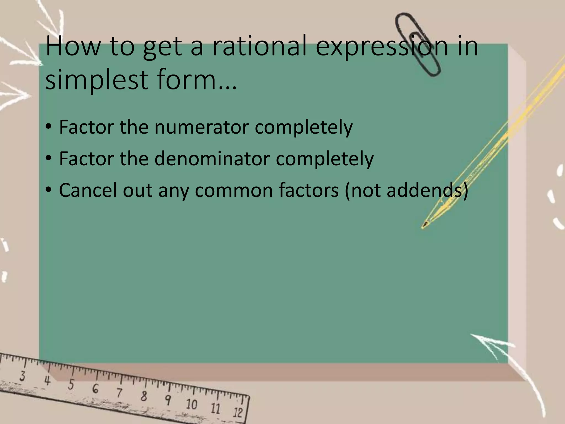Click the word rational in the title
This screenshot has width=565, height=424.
[x=260, y=46]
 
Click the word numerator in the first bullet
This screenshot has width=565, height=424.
[x=201, y=127]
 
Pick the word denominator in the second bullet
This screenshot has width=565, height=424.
[x=212, y=159]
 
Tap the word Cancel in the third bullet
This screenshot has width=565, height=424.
[x=88, y=190]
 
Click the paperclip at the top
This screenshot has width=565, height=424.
[x=417, y=44]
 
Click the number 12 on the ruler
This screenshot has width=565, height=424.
[x=238, y=412]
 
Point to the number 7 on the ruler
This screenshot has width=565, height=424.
[x=119, y=393]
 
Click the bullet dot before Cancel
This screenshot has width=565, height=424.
[x=49, y=190]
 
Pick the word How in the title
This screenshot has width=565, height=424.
[x=73, y=46]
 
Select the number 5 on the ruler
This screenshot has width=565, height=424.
[x=71, y=385]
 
